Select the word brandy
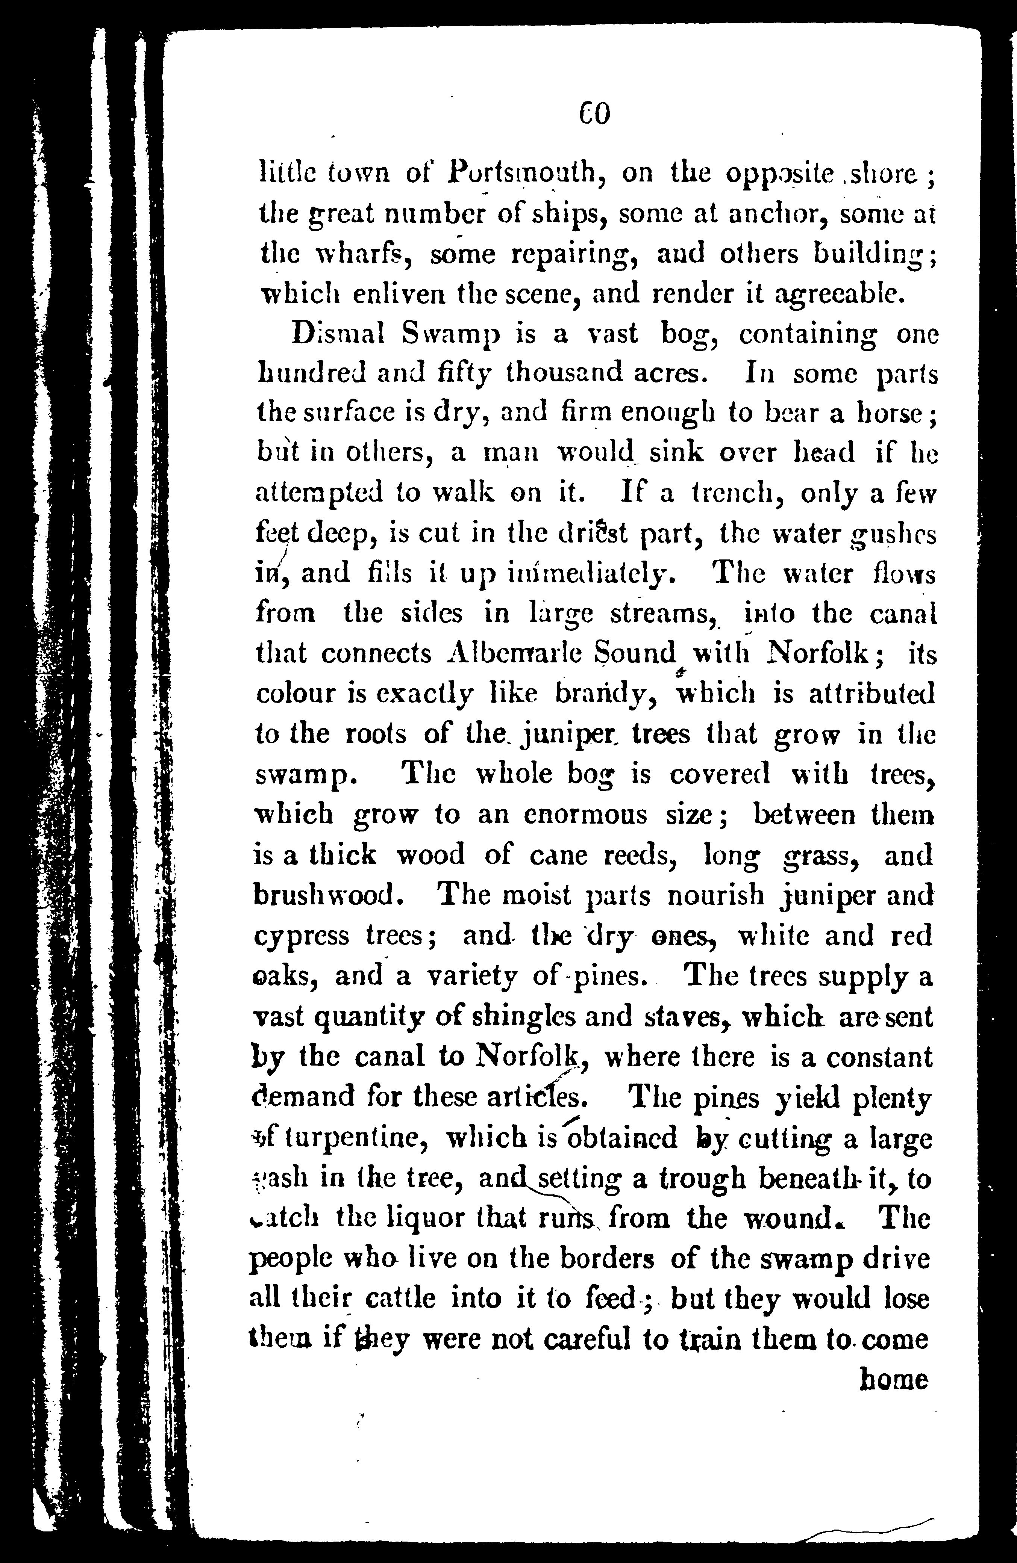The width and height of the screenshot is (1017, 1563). click(606, 695)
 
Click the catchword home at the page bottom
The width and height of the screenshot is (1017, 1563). click(893, 1379)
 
